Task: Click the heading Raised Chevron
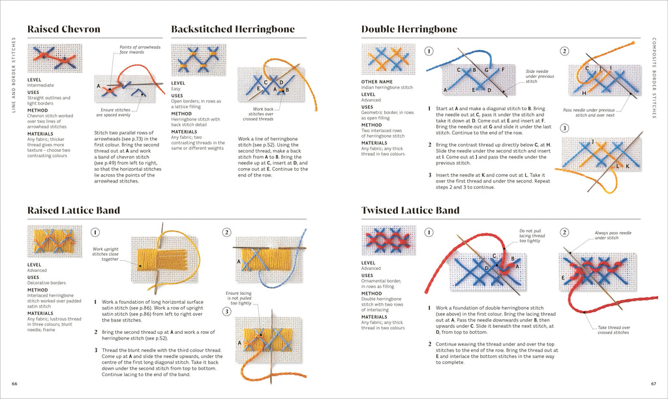click(63, 29)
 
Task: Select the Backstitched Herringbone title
click(232, 29)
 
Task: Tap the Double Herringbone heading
click(409, 29)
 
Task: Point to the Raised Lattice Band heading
click(74, 210)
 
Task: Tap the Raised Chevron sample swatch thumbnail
click(54, 59)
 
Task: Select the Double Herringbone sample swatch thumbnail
click(389, 59)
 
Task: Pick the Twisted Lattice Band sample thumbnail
click(389, 241)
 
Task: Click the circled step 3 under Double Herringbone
click(565, 128)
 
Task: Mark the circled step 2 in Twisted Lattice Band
click(565, 232)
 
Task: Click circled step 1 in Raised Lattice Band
click(96, 231)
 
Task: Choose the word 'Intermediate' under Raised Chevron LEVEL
click(40, 85)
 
